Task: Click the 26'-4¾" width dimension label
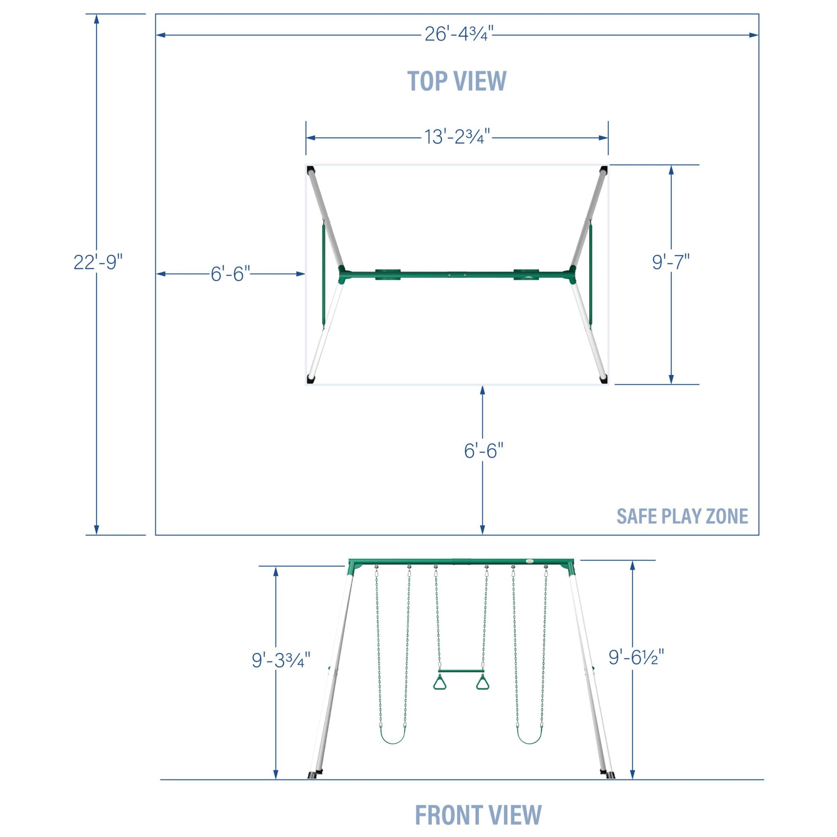pyautogui.click(x=459, y=34)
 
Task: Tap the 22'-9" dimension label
pyautogui.click(x=98, y=262)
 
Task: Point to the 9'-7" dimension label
pyautogui.click(x=671, y=262)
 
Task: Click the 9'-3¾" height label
pyautogui.click(x=281, y=660)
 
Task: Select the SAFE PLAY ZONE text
pyautogui.click(x=682, y=516)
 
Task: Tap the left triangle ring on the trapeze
pyautogui.click(x=439, y=682)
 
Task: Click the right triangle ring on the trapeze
pyautogui.click(x=483, y=682)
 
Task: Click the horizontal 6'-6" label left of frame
pyautogui.click(x=231, y=274)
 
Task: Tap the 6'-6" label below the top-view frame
pyautogui.click(x=483, y=451)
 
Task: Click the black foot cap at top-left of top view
pyautogui.click(x=310, y=170)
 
